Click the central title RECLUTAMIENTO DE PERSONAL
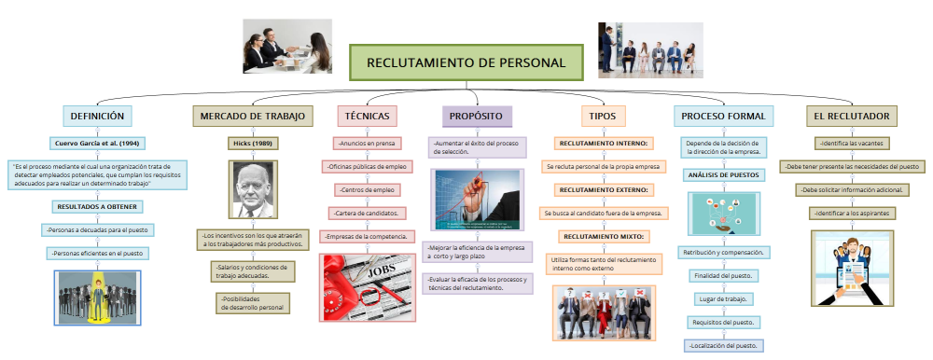(466, 62)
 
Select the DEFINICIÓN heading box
(97, 116)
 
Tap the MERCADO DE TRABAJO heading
(249, 116)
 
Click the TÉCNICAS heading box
(367, 116)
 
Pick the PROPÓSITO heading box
(476, 116)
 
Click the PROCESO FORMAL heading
(723, 116)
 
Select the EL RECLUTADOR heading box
(852, 116)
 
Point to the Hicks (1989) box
(249, 144)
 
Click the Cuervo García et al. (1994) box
(97, 144)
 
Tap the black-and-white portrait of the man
(249, 189)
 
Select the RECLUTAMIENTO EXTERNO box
(603, 189)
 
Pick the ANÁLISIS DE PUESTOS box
(724, 174)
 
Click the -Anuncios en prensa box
(367, 144)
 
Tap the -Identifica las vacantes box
(850, 144)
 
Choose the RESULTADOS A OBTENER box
(97, 206)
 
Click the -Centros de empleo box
(367, 189)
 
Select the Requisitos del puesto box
(724, 322)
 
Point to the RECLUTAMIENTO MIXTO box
(603, 236)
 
